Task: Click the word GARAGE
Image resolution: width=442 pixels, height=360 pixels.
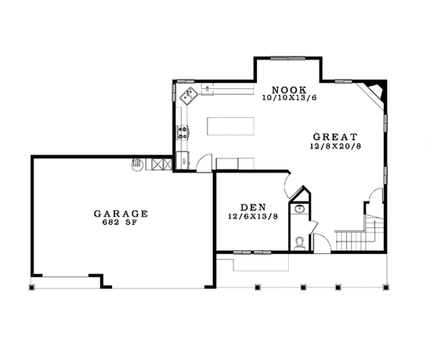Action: (x=121, y=213)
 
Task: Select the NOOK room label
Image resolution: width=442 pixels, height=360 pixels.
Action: (x=284, y=87)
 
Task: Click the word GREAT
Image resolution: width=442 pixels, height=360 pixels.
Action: (x=334, y=137)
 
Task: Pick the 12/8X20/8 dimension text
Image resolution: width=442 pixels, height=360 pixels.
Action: (x=334, y=147)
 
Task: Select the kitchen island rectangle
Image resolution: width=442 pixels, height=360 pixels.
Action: (x=231, y=127)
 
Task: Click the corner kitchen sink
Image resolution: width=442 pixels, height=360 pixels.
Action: (x=188, y=93)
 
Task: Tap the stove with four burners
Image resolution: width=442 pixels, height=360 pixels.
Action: (x=182, y=133)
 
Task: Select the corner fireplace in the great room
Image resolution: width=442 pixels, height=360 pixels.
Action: (x=376, y=92)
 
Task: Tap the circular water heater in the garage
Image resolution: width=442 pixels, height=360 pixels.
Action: (x=136, y=163)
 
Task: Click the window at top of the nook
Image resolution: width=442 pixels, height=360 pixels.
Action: (x=287, y=58)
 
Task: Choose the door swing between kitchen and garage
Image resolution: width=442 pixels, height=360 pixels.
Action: (x=206, y=160)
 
